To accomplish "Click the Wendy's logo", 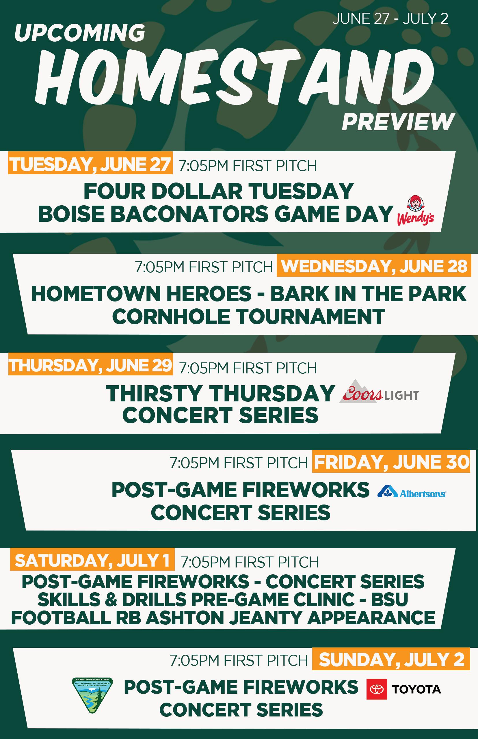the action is tap(415, 210).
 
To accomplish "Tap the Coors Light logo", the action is tap(379, 391).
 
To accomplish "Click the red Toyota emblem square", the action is tap(377, 689).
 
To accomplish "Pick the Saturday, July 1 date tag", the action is tap(92, 559).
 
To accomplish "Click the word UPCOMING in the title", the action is tap(80, 33).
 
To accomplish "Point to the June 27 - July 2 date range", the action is tap(390, 19).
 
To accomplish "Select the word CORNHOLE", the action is tap(171, 317).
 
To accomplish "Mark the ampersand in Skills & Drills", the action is tap(111, 599).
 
